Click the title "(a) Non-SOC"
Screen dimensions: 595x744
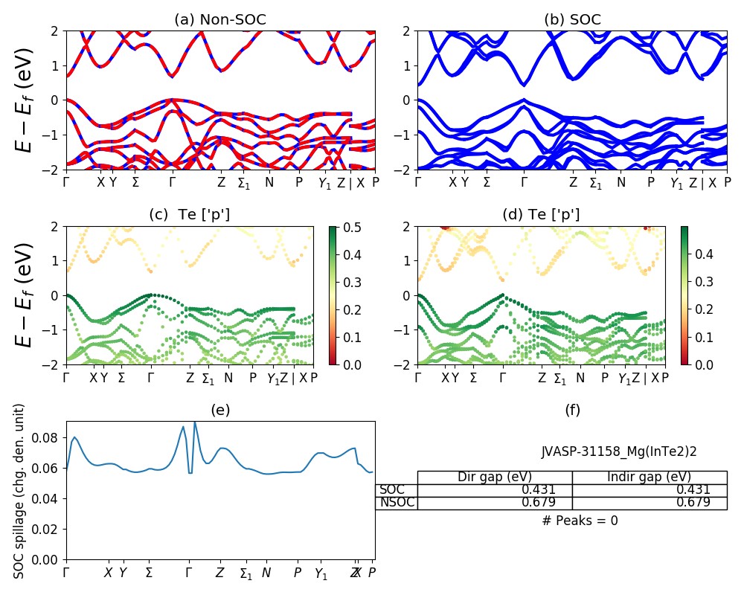click(220, 20)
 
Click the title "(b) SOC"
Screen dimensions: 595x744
click(572, 20)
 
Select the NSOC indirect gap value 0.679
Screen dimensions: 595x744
click(693, 503)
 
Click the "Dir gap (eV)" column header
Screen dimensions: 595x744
click(495, 477)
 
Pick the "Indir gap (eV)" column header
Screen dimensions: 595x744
click(649, 477)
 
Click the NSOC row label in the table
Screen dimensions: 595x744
click(397, 503)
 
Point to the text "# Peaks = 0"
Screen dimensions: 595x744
click(580, 521)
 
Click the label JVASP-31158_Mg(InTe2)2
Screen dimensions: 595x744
click(619, 451)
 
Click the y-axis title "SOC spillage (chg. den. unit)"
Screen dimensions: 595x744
click(19, 491)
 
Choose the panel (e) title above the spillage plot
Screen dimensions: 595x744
click(220, 410)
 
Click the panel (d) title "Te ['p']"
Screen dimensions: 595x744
click(541, 215)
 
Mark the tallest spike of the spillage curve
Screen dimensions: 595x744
click(195, 422)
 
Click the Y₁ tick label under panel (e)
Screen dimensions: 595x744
click(321, 574)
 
